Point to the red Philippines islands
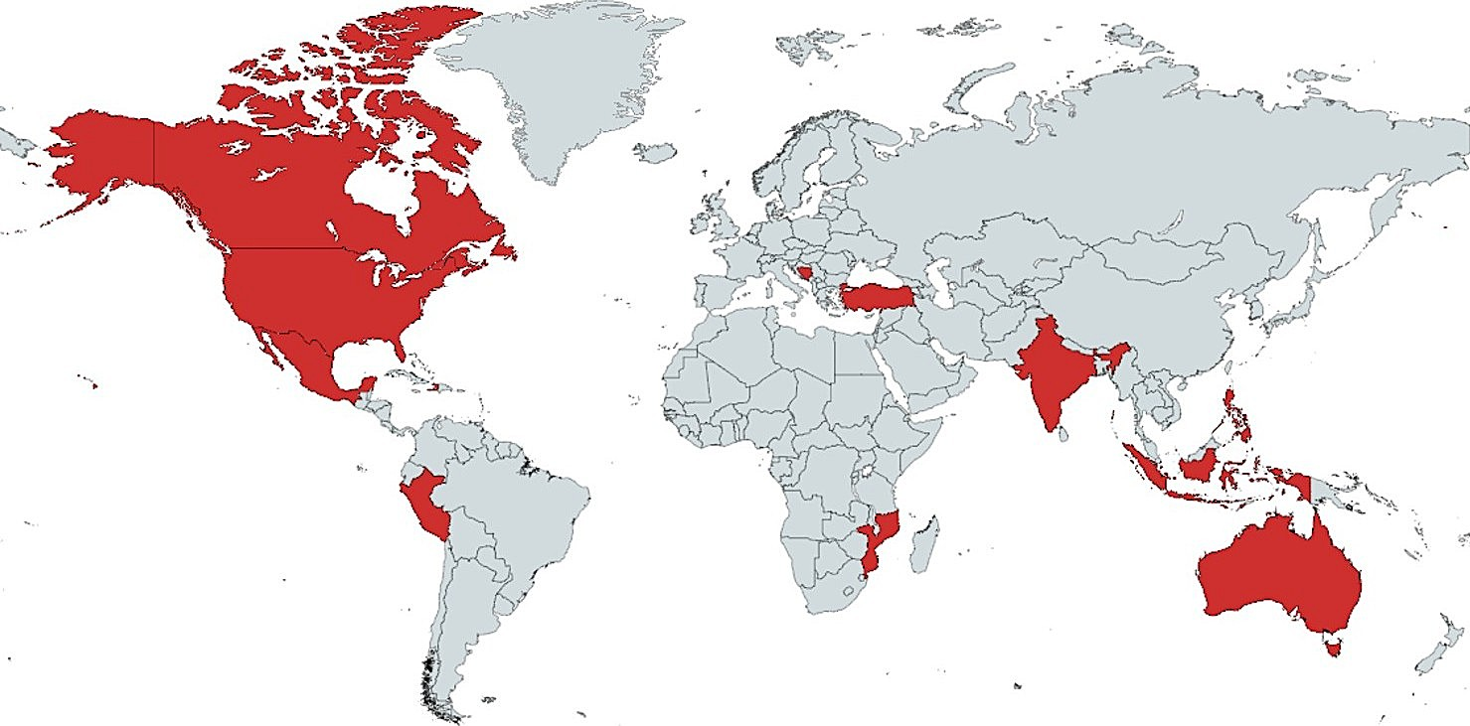[x=1235, y=415]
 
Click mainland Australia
[x=1282, y=576]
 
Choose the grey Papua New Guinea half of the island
[x=1337, y=497]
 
